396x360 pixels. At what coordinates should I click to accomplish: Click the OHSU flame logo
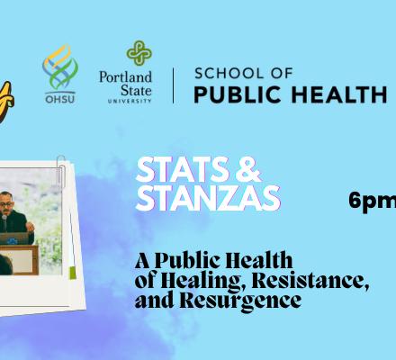coord(60,67)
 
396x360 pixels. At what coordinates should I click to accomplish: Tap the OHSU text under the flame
coord(60,99)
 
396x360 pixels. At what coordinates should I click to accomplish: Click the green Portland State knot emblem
coord(139,53)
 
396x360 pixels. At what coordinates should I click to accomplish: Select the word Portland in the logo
coord(125,77)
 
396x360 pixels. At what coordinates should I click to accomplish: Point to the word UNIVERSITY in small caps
coord(130,101)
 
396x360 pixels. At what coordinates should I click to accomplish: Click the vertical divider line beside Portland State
coord(174,85)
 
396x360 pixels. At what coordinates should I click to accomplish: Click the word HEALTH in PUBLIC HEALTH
coord(339,94)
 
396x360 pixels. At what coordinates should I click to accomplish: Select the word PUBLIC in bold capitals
coord(238,94)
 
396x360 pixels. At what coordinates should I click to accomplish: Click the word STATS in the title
coord(182,169)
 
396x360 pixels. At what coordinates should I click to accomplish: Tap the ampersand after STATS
coord(248,169)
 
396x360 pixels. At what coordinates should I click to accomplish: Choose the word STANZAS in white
coord(208,198)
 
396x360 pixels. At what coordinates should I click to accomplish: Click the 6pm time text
coord(373,201)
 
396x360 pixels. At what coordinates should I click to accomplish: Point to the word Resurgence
coord(240,301)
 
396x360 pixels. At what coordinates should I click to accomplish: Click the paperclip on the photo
coord(61,172)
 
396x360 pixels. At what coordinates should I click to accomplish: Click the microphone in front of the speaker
coord(4,221)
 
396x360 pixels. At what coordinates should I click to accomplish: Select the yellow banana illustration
coord(6,102)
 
